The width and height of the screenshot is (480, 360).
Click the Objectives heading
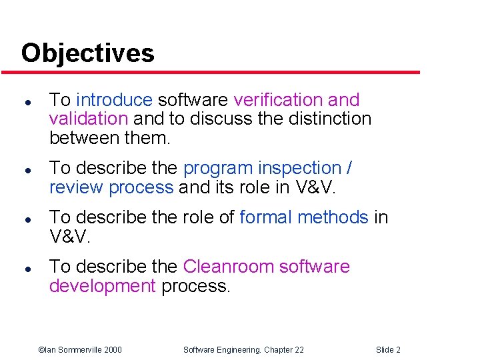pos(87,53)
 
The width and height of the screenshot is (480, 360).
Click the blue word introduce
pos(114,100)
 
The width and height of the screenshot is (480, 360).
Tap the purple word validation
pos(88,119)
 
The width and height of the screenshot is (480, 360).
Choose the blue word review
pos(76,188)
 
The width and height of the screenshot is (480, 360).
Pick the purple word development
pos(102,286)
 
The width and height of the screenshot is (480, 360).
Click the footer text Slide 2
pos(388,350)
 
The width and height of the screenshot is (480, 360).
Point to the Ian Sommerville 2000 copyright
pos(79,350)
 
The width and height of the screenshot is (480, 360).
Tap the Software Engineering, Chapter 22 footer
pos(243,350)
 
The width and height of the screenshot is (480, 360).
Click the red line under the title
pos(220,72)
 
